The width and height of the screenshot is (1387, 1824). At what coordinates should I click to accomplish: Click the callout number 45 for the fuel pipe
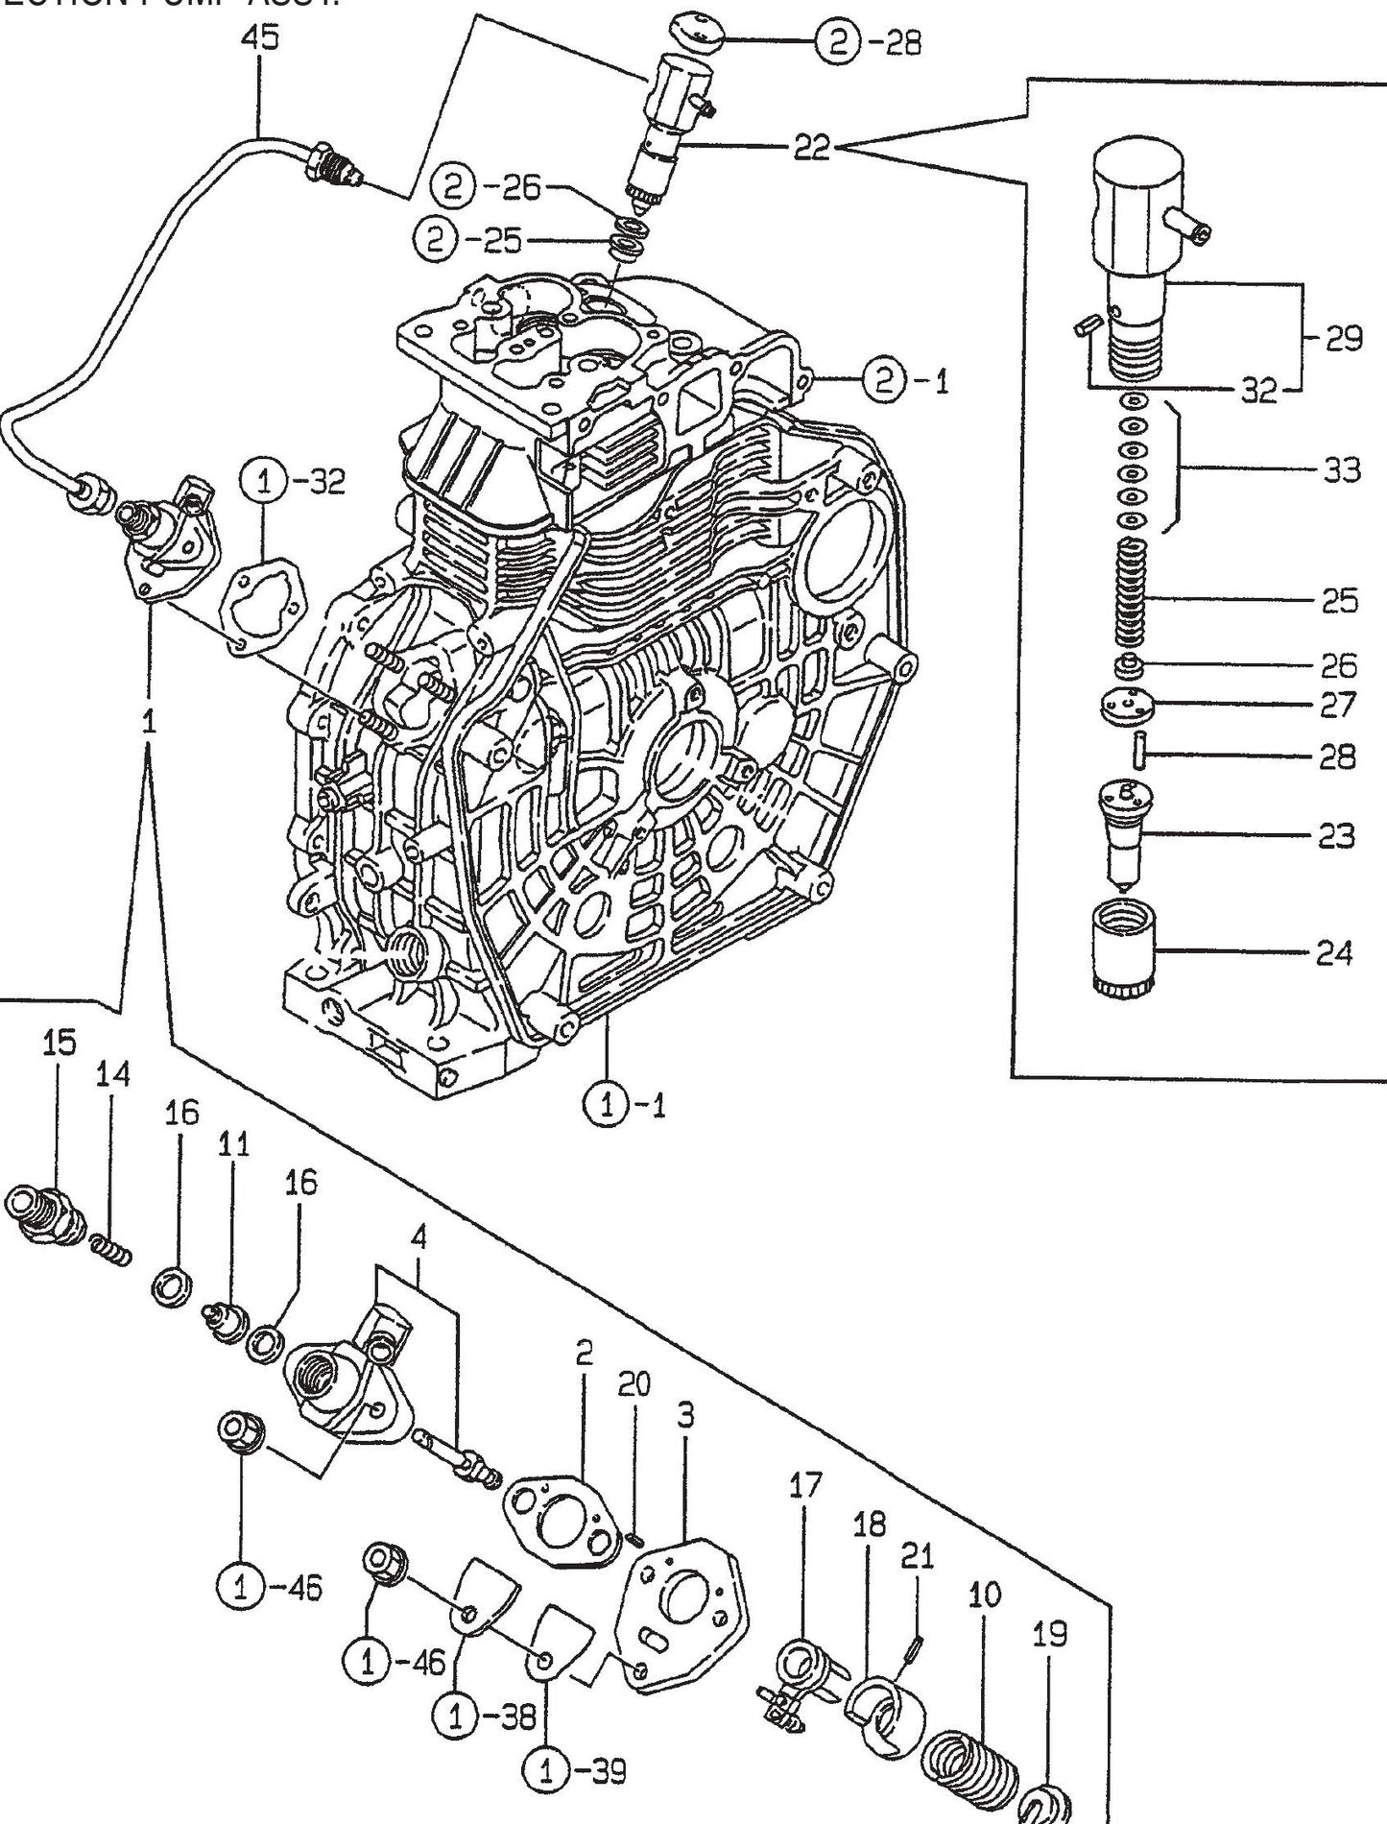[260, 37]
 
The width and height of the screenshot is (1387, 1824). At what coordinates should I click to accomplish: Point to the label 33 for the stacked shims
[1340, 469]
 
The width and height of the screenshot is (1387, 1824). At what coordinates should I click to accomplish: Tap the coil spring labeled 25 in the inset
[1134, 593]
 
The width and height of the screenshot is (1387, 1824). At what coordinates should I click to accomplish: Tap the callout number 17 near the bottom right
[805, 1485]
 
